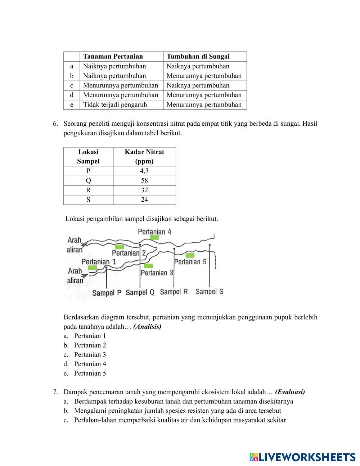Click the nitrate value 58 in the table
tap(144, 180)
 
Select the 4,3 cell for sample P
tap(144, 171)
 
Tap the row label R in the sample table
tap(88, 190)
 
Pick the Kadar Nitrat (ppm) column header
tap(144, 156)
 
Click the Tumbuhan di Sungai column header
tap(198, 56)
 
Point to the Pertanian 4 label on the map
tap(154, 232)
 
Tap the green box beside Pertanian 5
tap(190, 255)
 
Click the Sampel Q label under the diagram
tap(140, 292)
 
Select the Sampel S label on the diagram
tap(209, 291)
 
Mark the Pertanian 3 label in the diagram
tap(157, 273)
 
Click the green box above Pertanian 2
tap(119, 247)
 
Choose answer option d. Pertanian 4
tap(90, 364)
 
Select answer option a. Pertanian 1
tap(90, 336)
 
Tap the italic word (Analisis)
tap(147, 327)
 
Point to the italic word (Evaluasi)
tap(290, 392)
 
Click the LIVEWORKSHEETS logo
tap(302, 457)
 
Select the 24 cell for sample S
tap(144, 200)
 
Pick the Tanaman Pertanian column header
tap(113, 56)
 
